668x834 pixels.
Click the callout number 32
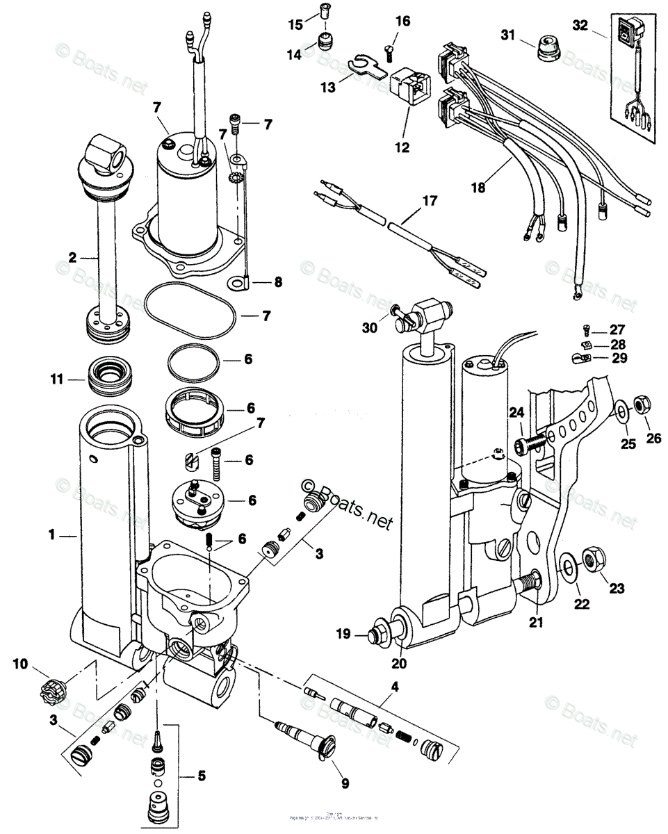(x=580, y=25)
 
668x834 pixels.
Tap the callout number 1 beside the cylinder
(x=51, y=535)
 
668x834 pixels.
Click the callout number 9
(x=345, y=783)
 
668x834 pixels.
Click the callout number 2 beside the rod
(x=72, y=257)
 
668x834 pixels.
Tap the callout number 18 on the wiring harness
(x=478, y=186)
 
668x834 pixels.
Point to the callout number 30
(x=370, y=327)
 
